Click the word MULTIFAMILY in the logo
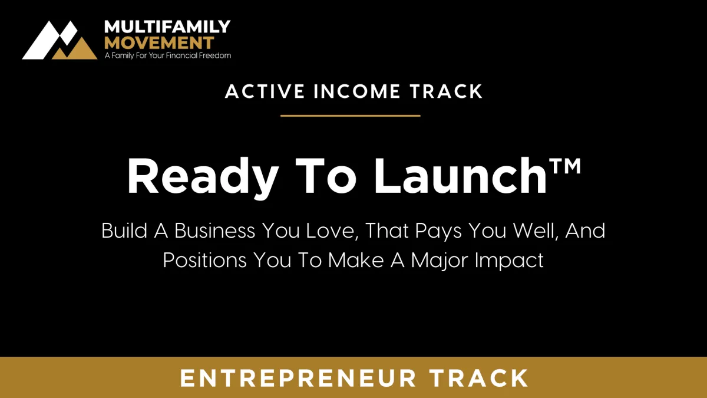(x=167, y=27)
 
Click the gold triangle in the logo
(x=75, y=49)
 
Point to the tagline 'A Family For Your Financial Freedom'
(x=168, y=55)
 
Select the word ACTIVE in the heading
(x=265, y=91)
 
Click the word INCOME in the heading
(x=357, y=91)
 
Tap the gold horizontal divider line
(x=351, y=116)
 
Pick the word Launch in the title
(x=461, y=176)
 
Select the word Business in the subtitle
(x=214, y=231)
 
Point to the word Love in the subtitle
(x=332, y=231)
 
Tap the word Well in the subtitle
(x=536, y=231)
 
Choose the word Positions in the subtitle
(x=204, y=260)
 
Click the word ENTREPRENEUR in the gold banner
(x=298, y=378)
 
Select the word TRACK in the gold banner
(x=478, y=378)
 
